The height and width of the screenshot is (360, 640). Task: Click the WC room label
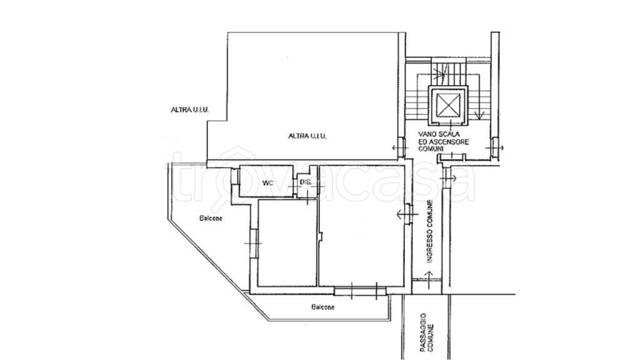click(267, 183)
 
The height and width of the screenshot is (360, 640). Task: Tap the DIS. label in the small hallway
click(305, 182)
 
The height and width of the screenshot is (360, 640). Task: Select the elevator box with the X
click(448, 105)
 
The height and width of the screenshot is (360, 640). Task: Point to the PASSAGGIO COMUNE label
click(427, 332)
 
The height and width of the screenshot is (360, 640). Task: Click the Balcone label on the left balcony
click(211, 218)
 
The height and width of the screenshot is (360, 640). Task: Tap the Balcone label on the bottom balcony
click(323, 307)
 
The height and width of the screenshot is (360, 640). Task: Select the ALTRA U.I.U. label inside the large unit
click(307, 136)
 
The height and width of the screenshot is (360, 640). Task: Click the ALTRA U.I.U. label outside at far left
click(190, 110)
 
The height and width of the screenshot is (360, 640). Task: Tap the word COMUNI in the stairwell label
click(429, 149)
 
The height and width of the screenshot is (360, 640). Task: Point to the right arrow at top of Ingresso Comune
click(449, 178)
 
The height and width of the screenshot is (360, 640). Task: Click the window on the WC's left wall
click(234, 176)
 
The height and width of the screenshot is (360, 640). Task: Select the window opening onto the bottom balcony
click(360, 291)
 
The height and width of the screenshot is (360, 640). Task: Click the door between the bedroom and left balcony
click(254, 243)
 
